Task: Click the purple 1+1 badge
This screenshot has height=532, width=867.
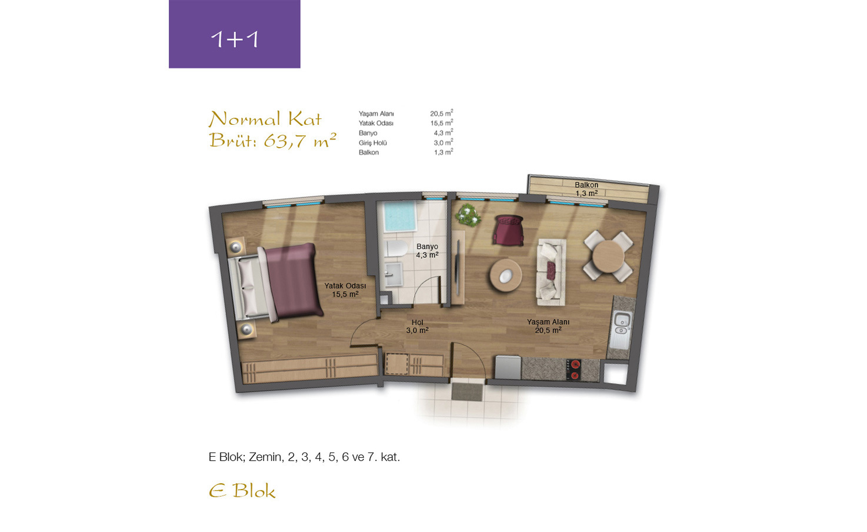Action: tap(235, 34)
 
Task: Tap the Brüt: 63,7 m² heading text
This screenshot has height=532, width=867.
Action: tap(273, 141)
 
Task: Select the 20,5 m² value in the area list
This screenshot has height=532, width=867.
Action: tap(442, 113)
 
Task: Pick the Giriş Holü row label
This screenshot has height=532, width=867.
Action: tap(373, 143)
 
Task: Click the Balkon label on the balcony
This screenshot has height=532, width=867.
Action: tap(586, 185)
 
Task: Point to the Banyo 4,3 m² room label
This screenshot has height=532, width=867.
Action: tap(427, 251)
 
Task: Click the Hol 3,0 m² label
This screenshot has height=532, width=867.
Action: tap(417, 327)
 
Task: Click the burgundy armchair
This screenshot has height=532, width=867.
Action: tap(508, 230)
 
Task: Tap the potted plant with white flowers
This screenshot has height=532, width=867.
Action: tap(468, 215)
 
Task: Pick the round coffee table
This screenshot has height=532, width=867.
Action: tap(505, 275)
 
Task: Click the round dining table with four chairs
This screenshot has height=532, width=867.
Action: tap(608, 257)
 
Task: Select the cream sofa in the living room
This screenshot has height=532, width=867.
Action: tap(551, 272)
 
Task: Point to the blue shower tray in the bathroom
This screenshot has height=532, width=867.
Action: tap(399, 216)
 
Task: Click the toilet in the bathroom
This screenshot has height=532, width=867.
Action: tap(396, 248)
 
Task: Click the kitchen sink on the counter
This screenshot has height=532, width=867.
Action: tap(622, 324)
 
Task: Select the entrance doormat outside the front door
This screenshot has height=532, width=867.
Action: tap(468, 392)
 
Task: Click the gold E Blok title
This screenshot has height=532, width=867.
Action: tap(242, 491)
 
